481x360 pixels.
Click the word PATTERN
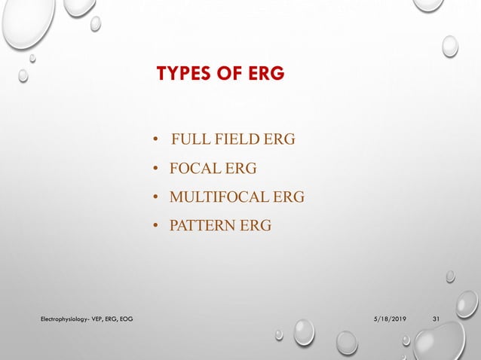202,225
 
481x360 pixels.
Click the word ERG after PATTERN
256,225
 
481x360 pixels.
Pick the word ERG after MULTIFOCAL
290,197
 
